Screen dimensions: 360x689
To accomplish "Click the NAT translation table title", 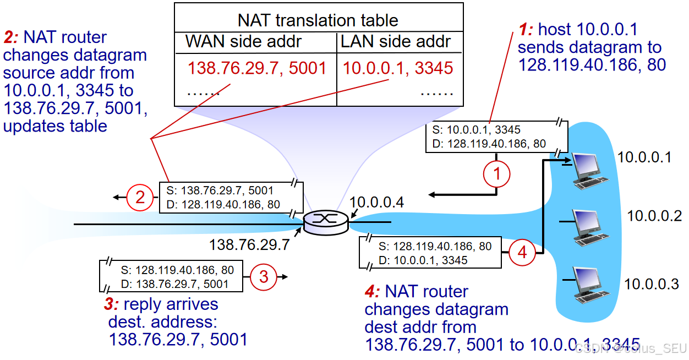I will (x=318, y=20).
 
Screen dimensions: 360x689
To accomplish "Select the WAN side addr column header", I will (x=244, y=41).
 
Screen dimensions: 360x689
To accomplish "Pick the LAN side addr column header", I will (x=396, y=41).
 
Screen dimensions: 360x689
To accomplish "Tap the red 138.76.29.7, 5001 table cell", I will (x=257, y=68).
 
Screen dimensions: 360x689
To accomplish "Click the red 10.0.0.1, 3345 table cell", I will (x=398, y=68).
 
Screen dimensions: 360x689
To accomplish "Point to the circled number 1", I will (x=496, y=174).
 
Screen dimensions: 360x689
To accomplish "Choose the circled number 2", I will (x=140, y=197).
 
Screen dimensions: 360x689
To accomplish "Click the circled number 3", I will (x=264, y=277).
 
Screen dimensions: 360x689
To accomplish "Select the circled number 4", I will (x=521, y=253).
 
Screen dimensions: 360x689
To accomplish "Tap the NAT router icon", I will (x=326, y=221).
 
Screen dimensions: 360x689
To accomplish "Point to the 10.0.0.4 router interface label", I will (x=377, y=202).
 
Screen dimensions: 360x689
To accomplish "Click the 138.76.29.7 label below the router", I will (x=249, y=244).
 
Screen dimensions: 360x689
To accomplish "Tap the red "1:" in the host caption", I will (x=526, y=29).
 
